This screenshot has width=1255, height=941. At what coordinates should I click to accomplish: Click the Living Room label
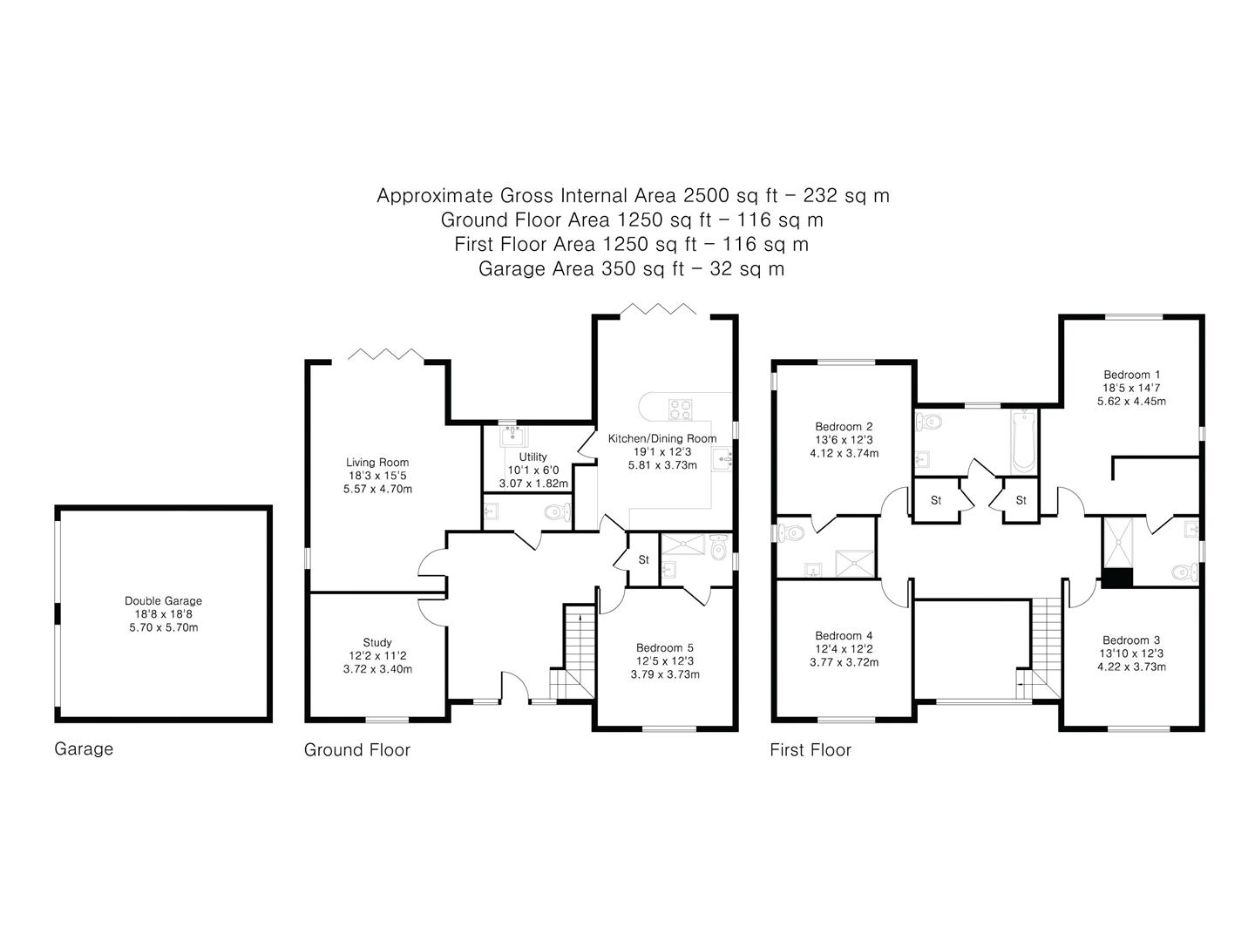coord(376,463)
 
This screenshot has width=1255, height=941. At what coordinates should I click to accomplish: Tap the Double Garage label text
coord(163,600)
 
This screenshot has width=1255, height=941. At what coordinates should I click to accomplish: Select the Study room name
coord(376,643)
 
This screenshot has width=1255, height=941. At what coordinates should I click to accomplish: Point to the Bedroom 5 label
coord(664,647)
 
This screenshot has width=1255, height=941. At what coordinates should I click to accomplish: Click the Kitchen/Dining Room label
coord(662,438)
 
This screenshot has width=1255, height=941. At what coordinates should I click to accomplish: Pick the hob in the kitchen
coord(681,408)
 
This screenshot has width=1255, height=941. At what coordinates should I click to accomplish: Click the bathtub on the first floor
coord(1023,441)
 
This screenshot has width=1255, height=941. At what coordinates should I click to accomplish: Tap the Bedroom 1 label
coord(1131,375)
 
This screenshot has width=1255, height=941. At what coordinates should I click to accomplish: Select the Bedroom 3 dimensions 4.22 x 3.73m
coord(1131,667)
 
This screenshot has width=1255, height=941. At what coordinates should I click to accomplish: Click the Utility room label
coord(533,457)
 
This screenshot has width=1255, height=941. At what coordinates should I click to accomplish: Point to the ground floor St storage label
coord(643,559)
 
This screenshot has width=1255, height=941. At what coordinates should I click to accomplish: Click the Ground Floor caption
coord(356,749)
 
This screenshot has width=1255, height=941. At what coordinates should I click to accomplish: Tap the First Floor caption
coord(810,749)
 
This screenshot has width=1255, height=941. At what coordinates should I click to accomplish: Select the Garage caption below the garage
coord(84,748)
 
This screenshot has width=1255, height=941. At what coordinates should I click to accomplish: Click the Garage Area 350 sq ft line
coord(631,269)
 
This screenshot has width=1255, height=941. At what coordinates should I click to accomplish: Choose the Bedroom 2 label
coord(843,426)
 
